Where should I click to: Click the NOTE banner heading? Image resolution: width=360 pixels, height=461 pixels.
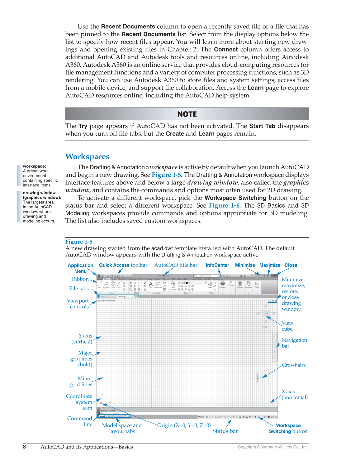click(x=187, y=114)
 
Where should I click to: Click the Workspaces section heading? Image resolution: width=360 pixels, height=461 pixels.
click(x=87, y=156)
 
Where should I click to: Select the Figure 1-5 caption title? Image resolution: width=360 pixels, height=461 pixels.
click(x=79, y=242)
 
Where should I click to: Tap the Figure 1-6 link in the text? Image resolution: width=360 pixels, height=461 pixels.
click(x=224, y=205)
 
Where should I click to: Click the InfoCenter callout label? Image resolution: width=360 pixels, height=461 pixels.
click(x=217, y=265)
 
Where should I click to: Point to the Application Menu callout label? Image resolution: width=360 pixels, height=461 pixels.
click(x=80, y=268)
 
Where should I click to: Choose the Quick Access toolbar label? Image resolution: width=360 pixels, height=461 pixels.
click(x=123, y=265)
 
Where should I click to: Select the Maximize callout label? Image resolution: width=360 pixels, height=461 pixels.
click(x=270, y=265)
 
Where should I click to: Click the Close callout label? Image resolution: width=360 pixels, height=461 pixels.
click(x=291, y=265)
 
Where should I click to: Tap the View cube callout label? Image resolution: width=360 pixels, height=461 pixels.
click(x=287, y=326)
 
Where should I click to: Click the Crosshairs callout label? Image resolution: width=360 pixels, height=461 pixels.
click(x=294, y=365)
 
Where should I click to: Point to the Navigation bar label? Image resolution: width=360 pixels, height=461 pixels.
click(x=294, y=343)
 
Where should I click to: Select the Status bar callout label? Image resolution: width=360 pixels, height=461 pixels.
click(x=225, y=431)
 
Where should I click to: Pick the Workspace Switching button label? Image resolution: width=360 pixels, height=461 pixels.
click(x=288, y=428)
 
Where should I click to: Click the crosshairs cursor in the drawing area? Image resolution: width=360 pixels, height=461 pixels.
click(x=258, y=378)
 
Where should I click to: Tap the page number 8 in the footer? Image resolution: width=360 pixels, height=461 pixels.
click(x=25, y=447)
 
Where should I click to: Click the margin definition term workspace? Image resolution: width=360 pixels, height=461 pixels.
click(x=34, y=166)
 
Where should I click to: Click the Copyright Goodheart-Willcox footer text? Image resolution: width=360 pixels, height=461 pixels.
click(x=273, y=447)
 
